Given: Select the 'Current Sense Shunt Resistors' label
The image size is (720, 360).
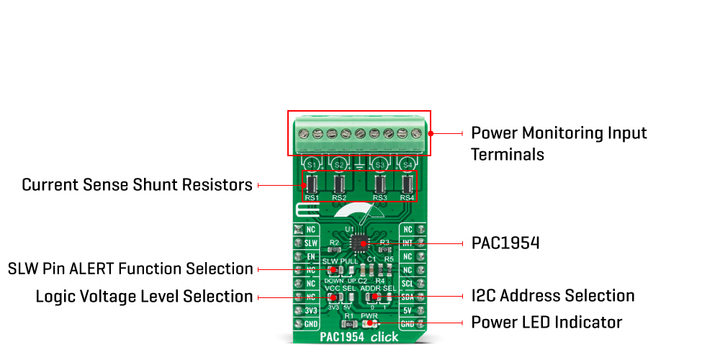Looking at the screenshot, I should coord(137,184).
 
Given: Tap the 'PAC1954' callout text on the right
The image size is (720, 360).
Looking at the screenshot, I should coord(505,243).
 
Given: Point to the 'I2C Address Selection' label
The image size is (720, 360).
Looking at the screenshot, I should coord(553,296).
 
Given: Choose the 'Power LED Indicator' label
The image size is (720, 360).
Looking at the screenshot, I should coord(546,322).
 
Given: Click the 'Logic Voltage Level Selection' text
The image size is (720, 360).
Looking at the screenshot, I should coord(144,297).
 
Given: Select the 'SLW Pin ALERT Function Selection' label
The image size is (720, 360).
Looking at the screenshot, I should coord(130,269).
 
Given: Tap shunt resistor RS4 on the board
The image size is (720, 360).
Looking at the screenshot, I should coord(407,184).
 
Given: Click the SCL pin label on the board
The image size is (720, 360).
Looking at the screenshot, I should coord(408,284).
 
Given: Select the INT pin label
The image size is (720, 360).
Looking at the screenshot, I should coord(408,243).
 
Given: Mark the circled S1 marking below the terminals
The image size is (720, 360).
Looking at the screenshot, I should coord(312,166).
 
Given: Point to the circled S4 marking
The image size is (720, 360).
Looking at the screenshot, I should coord(408,166).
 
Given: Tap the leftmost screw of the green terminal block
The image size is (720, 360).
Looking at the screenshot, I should coord(303,133).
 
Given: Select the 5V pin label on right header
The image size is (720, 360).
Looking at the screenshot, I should coord(408,311).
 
